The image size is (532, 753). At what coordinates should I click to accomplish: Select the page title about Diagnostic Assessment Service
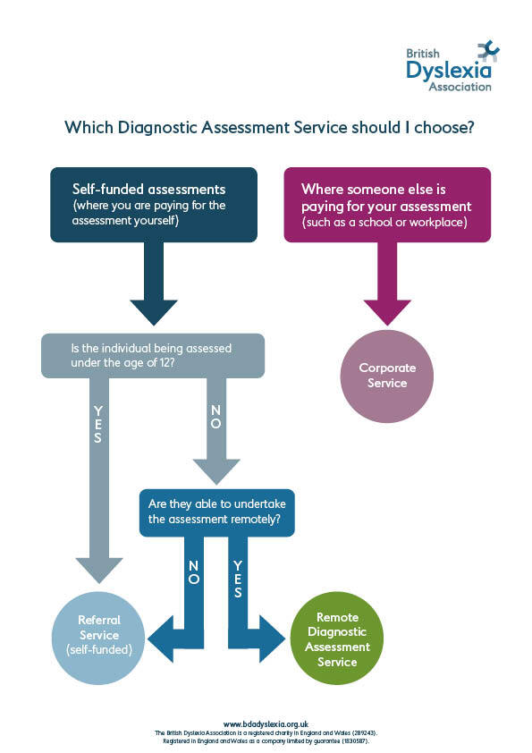point(268,128)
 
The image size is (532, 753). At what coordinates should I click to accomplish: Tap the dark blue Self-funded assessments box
point(153,205)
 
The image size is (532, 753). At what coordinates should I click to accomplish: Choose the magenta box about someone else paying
point(387,205)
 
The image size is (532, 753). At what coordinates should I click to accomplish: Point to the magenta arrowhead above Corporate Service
point(386,312)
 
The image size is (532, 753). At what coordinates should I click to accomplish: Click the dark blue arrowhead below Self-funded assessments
point(154,313)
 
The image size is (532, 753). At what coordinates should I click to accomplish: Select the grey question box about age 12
point(153,355)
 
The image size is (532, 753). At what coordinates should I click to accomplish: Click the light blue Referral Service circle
point(98,635)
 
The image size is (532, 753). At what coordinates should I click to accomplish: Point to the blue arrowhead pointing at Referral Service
point(161,638)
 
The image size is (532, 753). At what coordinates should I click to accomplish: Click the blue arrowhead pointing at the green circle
point(274,638)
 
